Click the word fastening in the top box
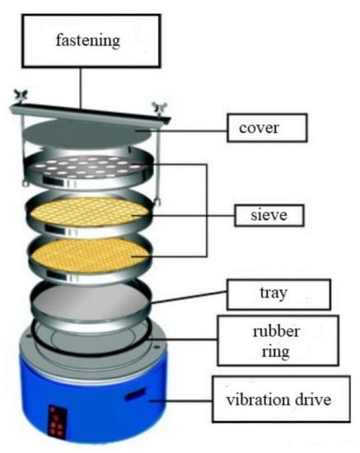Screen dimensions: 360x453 pyautogui.click(x=87, y=40)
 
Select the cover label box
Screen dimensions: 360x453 pyautogui.click(x=267, y=128)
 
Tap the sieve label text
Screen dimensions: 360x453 pyautogui.click(x=269, y=215)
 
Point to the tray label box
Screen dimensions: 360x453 pyautogui.click(x=278, y=294)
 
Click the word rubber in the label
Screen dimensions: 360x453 pyautogui.click(x=276, y=331)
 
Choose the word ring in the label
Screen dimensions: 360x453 pyautogui.click(x=276, y=352)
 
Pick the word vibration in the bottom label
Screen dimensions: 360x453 pyautogui.click(x=258, y=399)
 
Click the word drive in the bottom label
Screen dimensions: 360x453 pyautogui.click(x=313, y=399)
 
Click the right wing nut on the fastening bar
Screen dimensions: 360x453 pyautogui.click(x=159, y=109)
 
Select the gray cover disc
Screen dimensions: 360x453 pyautogui.click(x=86, y=133)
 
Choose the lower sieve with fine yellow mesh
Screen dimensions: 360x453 pyautogui.click(x=90, y=255)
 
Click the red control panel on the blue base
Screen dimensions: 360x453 pyautogui.click(x=57, y=420)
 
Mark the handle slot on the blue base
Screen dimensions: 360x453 pyautogui.click(x=134, y=395)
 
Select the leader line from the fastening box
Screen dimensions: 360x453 pyautogui.click(x=81, y=88)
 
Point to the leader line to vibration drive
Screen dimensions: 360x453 pyautogui.click(x=181, y=400)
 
